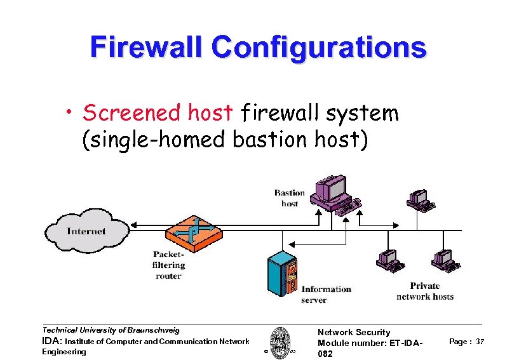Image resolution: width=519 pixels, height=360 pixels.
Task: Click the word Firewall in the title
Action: pyautogui.click(x=147, y=47)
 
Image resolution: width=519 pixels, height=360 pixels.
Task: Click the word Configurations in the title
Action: pyautogui.click(x=320, y=47)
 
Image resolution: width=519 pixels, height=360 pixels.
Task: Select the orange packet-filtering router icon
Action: pyautogui.click(x=194, y=233)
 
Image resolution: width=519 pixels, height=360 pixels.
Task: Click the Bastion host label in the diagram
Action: pyautogui.click(x=290, y=198)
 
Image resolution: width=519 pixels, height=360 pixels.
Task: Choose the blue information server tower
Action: pyautogui.click(x=282, y=272)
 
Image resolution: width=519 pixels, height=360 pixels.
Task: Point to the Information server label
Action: pyautogui.click(x=326, y=294)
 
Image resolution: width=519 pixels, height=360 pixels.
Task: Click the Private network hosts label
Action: pyautogui.click(x=424, y=291)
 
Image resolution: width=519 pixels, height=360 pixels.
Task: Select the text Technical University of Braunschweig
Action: pyautogui.click(x=111, y=330)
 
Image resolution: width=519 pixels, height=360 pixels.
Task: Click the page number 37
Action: pyautogui.click(x=480, y=342)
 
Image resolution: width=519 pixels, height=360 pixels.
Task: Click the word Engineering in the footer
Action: pyautogui.click(x=64, y=352)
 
